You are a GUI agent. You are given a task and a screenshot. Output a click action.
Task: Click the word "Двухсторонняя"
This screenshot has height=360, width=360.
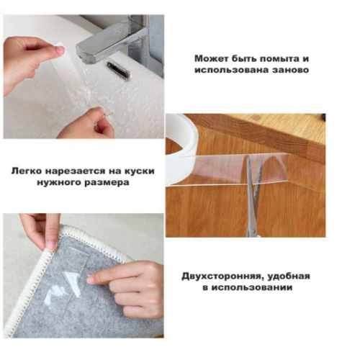click(x=221, y=276)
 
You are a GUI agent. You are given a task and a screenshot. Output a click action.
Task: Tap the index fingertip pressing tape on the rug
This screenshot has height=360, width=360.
click(x=91, y=280)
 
